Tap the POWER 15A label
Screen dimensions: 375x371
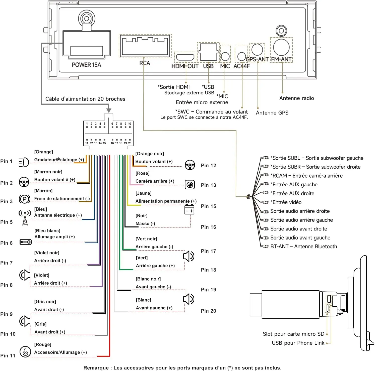pyautogui.click(x=86, y=65)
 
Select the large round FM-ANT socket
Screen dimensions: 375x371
pyautogui.click(x=281, y=47)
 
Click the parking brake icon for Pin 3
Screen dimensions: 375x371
pyautogui.click(x=25, y=199)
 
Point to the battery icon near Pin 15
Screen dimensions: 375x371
pyautogui.click(x=189, y=209)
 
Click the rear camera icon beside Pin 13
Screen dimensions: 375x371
pyautogui.click(x=190, y=185)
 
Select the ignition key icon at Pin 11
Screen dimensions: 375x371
pyautogui.click(x=25, y=352)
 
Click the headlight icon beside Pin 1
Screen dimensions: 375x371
pyautogui.click(x=24, y=162)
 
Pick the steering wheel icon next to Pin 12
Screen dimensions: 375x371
pyautogui.click(x=190, y=165)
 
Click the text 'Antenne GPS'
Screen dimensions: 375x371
pyautogui.click(x=272, y=113)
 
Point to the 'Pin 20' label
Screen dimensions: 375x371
pyautogui.click(x=208, y=311)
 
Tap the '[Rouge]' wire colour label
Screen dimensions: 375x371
pyautogui.click(x=43, y=345)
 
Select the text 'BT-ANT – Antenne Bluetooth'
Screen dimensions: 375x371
pyautogui.click(x=304, y=246)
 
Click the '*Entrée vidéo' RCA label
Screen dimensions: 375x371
pyautogui.click(x=286, y=202)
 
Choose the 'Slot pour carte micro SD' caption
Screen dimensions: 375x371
pyautogui.click(x=293, y=334)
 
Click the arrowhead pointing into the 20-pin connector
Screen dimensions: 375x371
pyautogui.click(x=109, y=110)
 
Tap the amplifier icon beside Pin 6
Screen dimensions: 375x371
pyautogui.click(x=25, y=242)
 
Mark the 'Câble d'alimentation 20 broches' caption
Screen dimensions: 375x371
pyautogui.click(x=85, y=99)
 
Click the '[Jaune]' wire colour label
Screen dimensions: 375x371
pyautogui.click(x=144, y=193)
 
